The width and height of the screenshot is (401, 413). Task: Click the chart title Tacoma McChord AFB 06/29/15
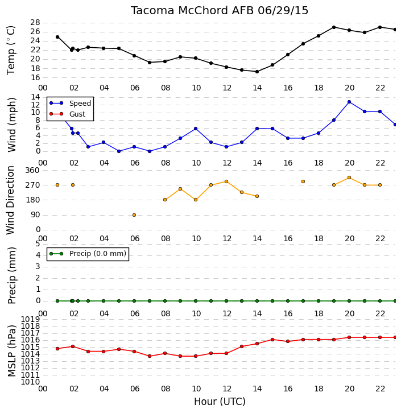click(220, 11)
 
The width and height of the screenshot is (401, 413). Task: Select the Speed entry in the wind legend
click(70, 104)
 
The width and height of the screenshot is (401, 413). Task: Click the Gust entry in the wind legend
click(67, 114)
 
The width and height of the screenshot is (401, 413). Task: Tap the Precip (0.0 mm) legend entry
click(88, 254)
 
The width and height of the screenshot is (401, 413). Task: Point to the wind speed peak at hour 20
click(349, 102)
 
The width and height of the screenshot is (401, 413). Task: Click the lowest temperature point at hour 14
click(257, 72)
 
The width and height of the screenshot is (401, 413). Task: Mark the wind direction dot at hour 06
click(134, 215)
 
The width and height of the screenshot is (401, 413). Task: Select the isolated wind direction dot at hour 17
click(303, 181)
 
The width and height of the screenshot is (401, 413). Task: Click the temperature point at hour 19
click(334, 27)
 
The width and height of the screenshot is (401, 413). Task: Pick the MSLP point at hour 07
click(150, 356)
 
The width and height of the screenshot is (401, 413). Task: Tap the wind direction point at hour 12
click(226, 181)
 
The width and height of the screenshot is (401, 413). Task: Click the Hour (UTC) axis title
click(220, 402)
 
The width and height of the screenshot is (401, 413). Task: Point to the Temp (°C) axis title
click(11, 50)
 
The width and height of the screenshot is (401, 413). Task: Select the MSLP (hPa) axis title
click(11, 350)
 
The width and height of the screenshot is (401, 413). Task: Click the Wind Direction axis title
click(10, 200)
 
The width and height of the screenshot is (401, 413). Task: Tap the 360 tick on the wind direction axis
click(32, 171)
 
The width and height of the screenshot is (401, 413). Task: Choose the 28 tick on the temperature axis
click(35, 23)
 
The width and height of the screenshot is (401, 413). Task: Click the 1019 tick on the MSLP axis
click(30, 320)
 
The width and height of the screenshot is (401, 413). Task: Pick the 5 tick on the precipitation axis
click(38, 244)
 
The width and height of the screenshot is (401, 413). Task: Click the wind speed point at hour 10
click(196, 129)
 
